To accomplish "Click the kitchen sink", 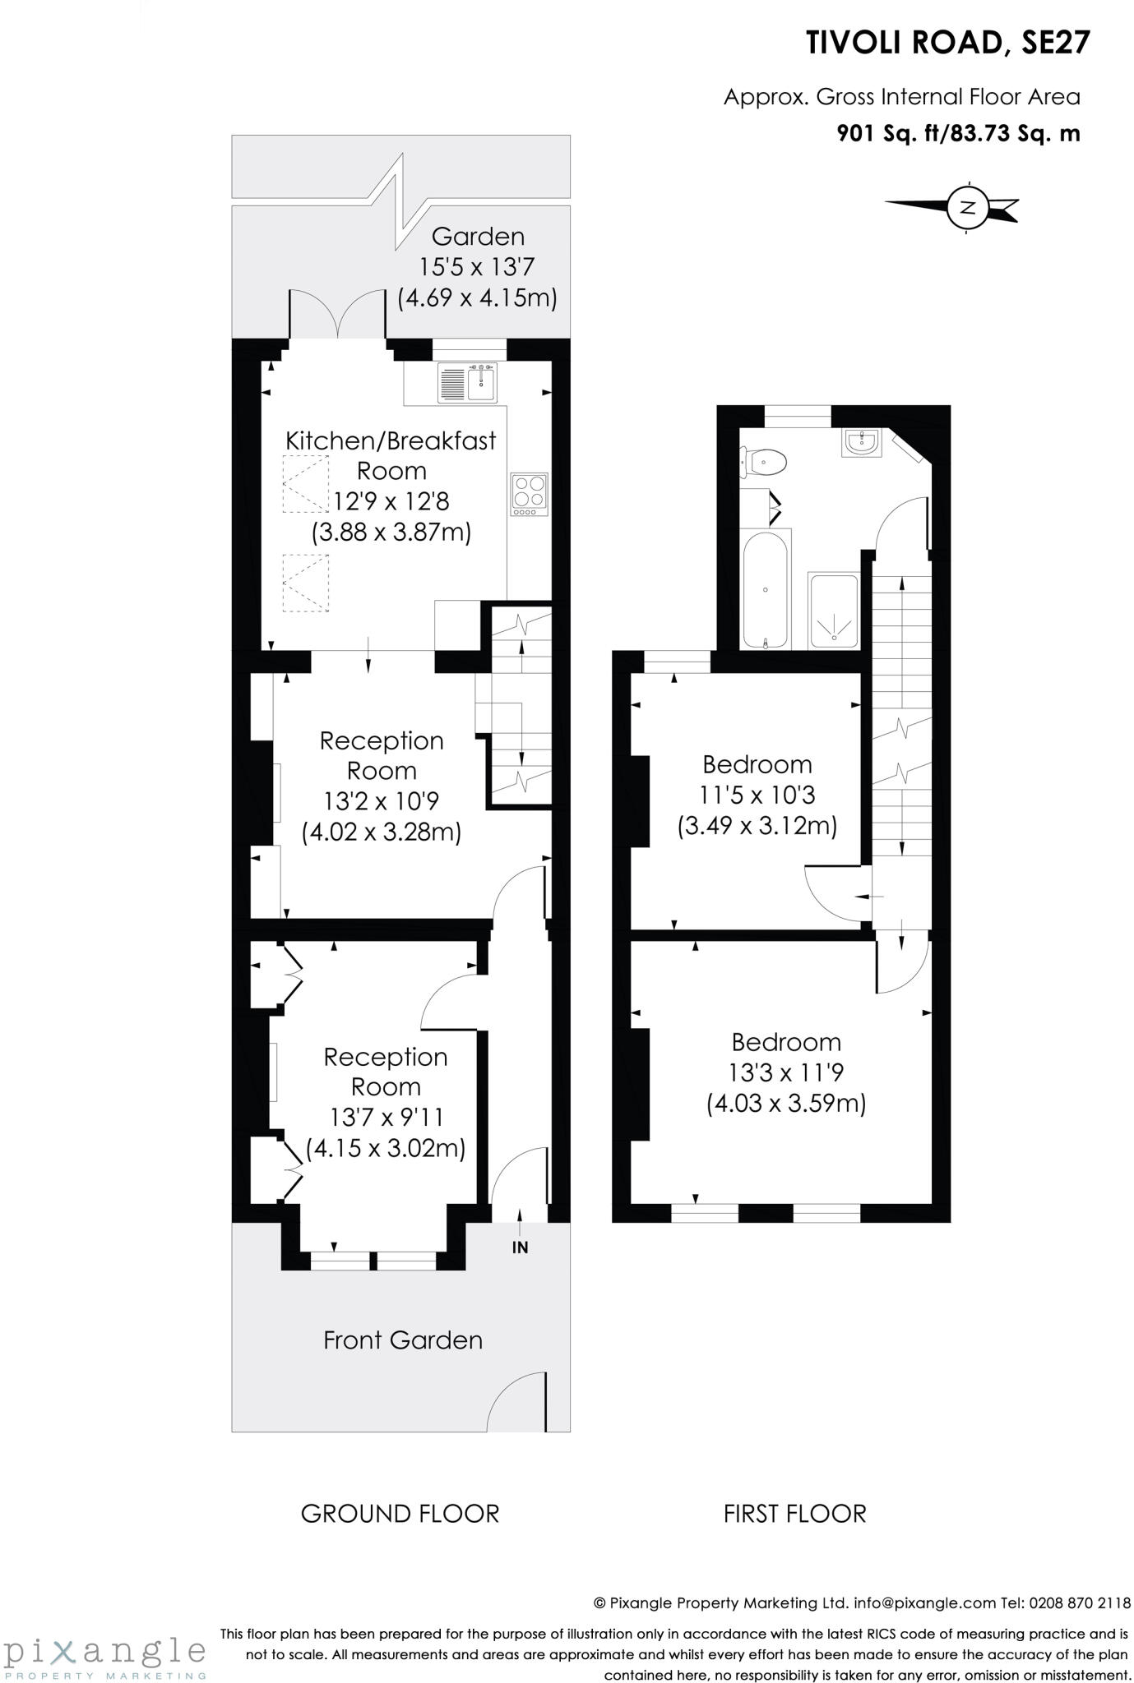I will pos(468,382).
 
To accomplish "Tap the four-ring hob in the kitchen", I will pos(529,493).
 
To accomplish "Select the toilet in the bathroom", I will pos(765,462).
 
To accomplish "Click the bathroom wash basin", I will pos(861,443).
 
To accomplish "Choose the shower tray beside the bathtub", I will pos(834,611).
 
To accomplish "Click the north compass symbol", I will pos(968,207).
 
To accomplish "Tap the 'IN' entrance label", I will pos(520,1247).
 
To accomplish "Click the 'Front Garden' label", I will pos(402,1340).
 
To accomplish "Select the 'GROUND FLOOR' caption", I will pos(400,1513).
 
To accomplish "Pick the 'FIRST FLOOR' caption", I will pos(794,1513).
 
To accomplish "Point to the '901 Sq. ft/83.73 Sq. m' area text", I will pos(958,133).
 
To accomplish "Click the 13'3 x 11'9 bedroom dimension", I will pos(785,1072).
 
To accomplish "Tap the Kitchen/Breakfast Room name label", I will pos(391,455).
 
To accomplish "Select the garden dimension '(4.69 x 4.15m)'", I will pos(477,297).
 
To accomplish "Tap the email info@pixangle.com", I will pos(924,1602).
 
